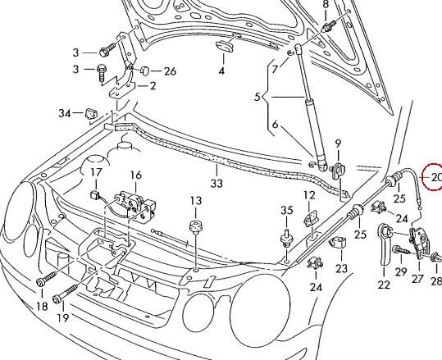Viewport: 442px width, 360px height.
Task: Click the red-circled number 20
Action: pos(433,177)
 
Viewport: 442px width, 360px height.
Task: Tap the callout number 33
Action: pos(216,184)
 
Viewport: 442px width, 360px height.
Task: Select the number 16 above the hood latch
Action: pos(135,174)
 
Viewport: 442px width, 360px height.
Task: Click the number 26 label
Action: pos(170,71)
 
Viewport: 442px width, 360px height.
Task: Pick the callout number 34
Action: pos(65,112)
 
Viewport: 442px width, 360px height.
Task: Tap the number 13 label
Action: pos(195,201)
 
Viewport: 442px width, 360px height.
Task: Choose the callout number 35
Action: pos(286,211)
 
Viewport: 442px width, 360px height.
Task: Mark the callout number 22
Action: pos(383,285)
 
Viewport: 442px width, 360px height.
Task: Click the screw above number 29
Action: pos(398,248)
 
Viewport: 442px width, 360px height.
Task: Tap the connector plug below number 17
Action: pos(98,195)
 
